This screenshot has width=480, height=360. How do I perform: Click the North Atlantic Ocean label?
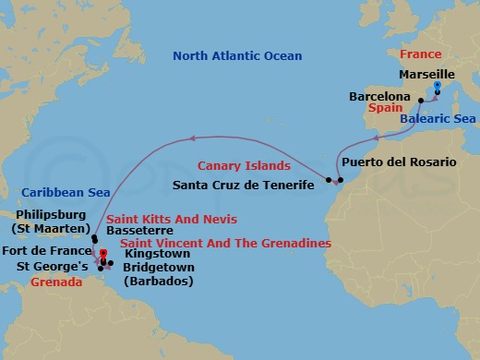(x=237, y=56)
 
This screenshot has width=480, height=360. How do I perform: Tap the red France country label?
(x=421, y=54)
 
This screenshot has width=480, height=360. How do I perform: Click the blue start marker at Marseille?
(x=437, y=87)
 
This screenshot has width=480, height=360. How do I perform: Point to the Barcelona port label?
(x=379, y=95)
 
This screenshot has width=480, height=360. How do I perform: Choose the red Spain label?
(x=386, y=108)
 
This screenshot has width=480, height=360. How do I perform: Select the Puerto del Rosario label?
(x=399, y=162)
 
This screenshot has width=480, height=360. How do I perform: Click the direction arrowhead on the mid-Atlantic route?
(x=192, y=138)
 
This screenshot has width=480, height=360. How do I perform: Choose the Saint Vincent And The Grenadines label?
(x=226, y=243)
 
